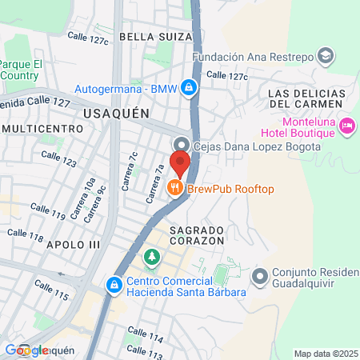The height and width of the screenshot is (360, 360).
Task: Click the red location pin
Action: pyautogui.click(x=180, y=162)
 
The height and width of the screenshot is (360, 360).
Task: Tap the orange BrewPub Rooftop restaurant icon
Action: pyautogui.click(x=175, y=188)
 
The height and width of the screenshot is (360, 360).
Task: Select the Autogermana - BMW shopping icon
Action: pyautogui.click(x=187, y=87)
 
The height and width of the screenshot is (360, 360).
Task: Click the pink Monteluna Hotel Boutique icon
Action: pyautogui.click(x=347, y=125)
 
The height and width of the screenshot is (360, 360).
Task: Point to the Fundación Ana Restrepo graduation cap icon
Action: pyautogui.click(x=326, y=56)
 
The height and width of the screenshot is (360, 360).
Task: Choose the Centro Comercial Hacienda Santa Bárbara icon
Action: pyautogui.click(x=115, y=284)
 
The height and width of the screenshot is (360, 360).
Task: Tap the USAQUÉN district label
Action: pyautogui.click(x=116, y=114)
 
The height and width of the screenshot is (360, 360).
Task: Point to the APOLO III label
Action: pyautogui.click(x=73, y=244)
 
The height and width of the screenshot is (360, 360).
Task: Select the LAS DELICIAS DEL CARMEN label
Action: pyautogui.click(x=307, y=98)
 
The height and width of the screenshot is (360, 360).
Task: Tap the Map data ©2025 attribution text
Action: pyautogui.click(x=325, y=353)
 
